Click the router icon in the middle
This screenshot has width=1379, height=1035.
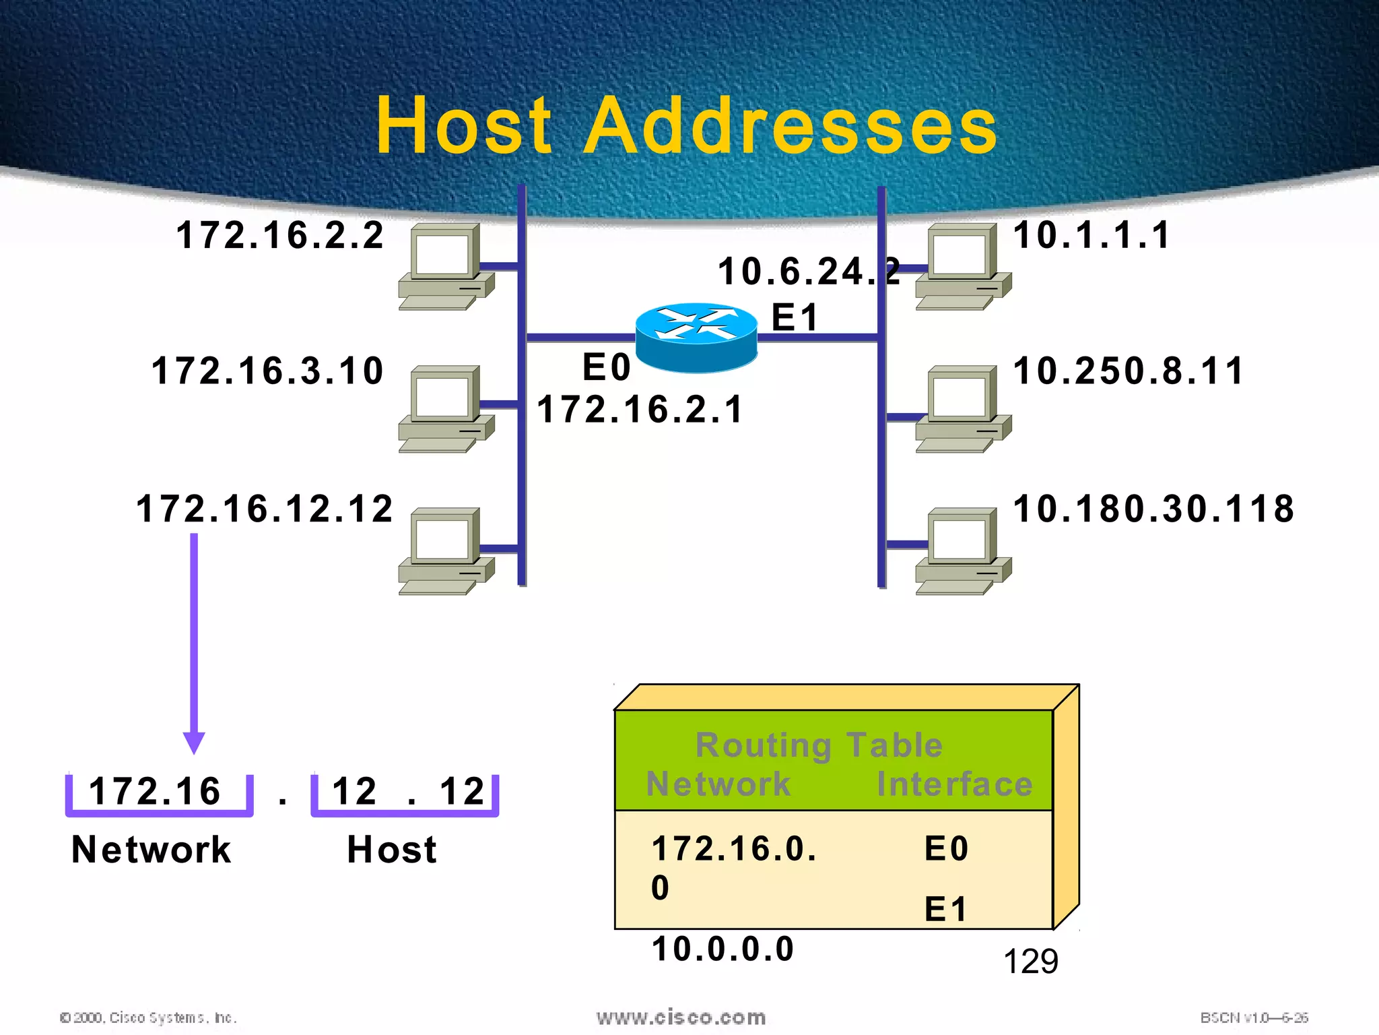[696, 338]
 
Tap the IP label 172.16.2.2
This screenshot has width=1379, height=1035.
[280, 236]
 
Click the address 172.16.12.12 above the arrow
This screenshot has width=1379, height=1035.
[265, 509]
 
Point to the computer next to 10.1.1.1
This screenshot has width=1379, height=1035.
[963, 266]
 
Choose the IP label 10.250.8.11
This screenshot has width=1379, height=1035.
[1129, 371]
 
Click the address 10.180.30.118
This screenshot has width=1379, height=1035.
[1153, 509]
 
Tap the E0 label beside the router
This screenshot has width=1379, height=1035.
[606, 368]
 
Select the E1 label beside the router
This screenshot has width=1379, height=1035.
[795, 317]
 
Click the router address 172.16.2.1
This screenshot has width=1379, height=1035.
[640, 410]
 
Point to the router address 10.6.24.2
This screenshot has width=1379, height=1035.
[808, 272]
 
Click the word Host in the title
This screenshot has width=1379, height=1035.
[464, 126]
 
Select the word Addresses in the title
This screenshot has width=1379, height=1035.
[790, 126]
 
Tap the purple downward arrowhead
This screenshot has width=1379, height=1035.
[194, 743]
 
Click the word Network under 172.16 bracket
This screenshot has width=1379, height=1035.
[152, 850]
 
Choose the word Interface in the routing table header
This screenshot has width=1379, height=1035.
[954, 784]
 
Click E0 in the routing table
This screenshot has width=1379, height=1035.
[946, 849]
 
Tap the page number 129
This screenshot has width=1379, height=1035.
[1030, 962]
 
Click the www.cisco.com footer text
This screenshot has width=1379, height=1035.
[681, 1017]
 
